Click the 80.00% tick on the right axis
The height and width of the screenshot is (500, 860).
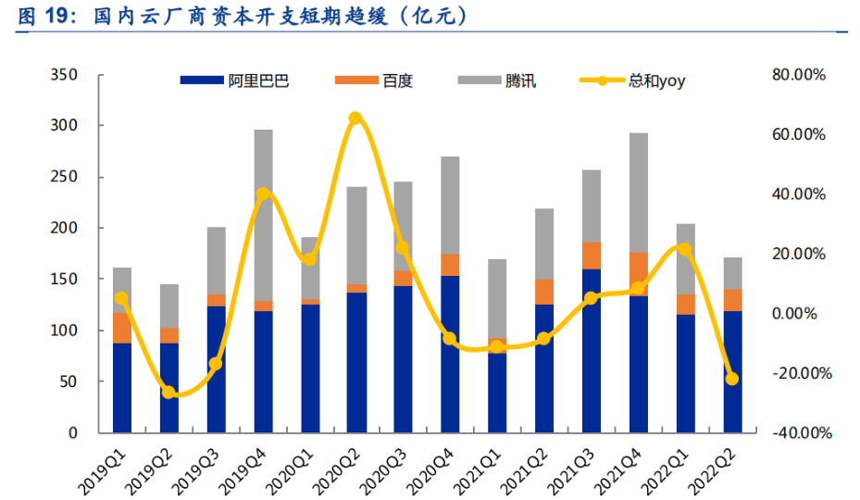[798, 74]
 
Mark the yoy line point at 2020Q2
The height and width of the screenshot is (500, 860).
[355, 119]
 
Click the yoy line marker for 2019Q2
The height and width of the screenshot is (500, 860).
[168, 393]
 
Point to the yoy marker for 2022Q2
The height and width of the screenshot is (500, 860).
[732, 379]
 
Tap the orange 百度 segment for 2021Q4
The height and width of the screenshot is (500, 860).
[638, 273]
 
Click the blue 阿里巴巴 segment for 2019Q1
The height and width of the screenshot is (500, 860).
[121, 387]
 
